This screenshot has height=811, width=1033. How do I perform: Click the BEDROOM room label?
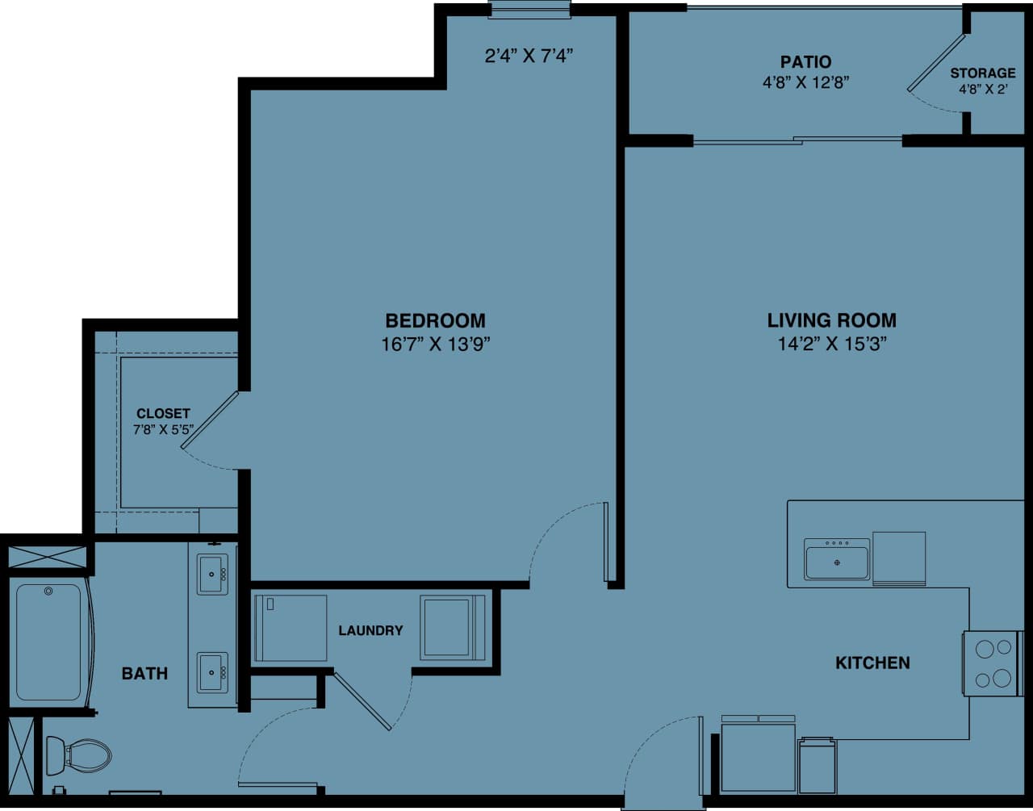coord(435,320)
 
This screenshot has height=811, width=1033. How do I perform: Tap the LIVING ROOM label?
coord(831,320)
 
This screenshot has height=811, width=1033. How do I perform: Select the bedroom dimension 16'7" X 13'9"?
coord(436,345)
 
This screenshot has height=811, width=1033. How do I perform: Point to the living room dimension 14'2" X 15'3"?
coord(831,345)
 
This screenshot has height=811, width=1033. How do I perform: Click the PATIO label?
coord(805,62)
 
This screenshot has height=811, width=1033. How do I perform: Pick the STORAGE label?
coord(982,73)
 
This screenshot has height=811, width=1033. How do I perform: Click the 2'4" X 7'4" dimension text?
coord(529,56)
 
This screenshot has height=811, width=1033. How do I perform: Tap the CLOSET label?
coord(163,414)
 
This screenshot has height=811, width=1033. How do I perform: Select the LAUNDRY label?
coord(370,630)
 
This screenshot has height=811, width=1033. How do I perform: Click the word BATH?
coord(144,673)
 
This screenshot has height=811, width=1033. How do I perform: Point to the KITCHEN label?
coord(872,663)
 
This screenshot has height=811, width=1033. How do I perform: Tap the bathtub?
coord(48,642)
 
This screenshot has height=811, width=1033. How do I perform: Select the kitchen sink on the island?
coord(837,559)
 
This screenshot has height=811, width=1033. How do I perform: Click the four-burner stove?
coord(993,663)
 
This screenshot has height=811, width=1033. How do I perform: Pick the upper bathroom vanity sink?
coord(213,574)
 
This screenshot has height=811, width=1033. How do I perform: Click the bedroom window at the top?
coord(529,10)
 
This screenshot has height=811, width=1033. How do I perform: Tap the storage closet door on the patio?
coord(936,63)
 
